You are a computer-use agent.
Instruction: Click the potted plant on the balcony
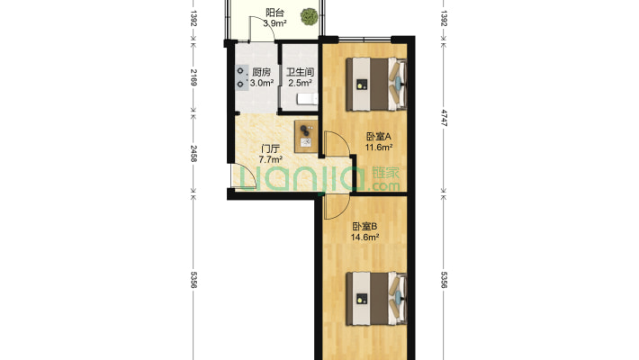(x=309, y=16)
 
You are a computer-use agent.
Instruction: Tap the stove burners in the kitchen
(x=241, y=78)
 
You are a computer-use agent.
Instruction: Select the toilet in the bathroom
(x=304, y=95)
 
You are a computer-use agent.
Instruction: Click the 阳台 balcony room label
(x=275, y=13)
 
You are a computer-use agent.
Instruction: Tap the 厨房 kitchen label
(x=262, y=73)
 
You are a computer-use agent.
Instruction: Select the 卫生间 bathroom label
(x=300, y=73)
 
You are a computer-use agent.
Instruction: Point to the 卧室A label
(x=377, y=136)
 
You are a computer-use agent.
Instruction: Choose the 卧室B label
(x=364, y=226)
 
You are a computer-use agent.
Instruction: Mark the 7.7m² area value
(x=271, y=159)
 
